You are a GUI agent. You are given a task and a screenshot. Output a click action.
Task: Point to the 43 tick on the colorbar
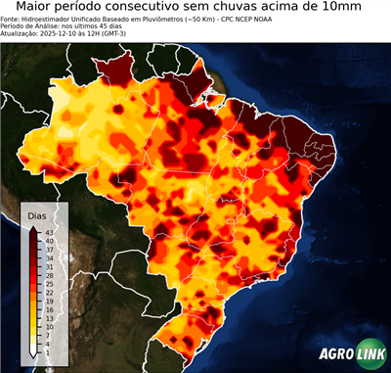pyautogui.click(x=48, y=232)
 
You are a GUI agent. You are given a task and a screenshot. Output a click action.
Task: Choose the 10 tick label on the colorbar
pyautogui.click(x=48, y=326)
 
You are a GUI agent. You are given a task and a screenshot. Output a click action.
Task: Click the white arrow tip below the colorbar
pyautogui.click(x=33, y=355)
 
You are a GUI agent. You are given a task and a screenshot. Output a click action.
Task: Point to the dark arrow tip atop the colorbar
pyautogui.click(x=33, y=229)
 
